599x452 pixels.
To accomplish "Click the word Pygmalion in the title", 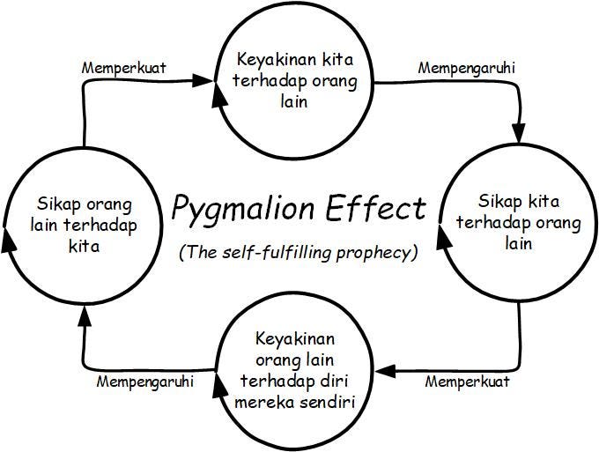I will coord(232,210).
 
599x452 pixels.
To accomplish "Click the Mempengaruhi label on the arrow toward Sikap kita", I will coord(467,67).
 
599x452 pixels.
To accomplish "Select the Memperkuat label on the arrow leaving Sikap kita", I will coord(467,382).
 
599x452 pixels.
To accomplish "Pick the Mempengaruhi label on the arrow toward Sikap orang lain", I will coord(144,382).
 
